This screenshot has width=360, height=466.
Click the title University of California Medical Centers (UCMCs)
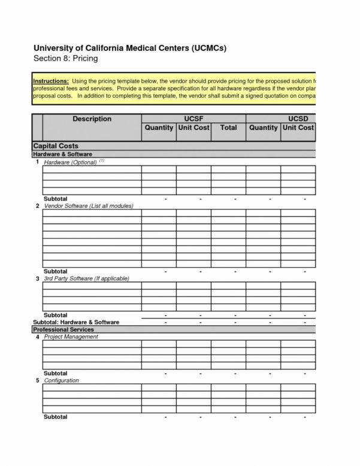129,48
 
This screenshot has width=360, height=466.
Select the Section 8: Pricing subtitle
65,59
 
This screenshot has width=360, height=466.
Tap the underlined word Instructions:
51,80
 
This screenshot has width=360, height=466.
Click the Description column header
92,119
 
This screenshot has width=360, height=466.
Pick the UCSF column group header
193,119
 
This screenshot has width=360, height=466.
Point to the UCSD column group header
297,119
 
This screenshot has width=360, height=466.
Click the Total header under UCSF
228,128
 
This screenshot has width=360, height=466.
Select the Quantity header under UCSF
159,128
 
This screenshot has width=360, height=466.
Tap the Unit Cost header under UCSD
298,128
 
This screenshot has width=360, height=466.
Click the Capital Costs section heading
56,146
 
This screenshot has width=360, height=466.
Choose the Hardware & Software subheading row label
62,154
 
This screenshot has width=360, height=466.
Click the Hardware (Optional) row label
71,162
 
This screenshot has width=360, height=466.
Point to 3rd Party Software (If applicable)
86,279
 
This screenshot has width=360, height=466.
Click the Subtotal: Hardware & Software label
75,322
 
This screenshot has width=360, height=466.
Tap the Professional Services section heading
63,329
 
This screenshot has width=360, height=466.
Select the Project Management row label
71,337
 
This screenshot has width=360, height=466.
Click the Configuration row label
61,380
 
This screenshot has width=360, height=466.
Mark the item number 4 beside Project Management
37,337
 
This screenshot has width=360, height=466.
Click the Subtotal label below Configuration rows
56,417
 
